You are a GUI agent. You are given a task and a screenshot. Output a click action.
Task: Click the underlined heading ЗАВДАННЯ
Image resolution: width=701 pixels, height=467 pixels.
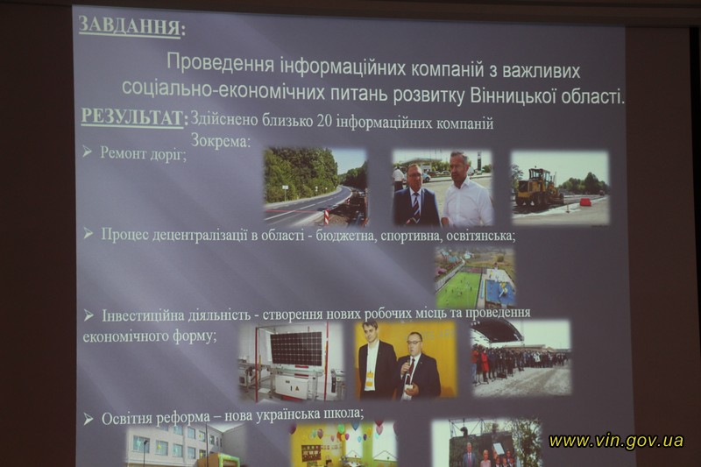click(x=130, y=25)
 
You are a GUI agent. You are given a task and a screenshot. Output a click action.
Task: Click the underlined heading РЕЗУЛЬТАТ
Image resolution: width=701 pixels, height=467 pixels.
click(x=132, y=117)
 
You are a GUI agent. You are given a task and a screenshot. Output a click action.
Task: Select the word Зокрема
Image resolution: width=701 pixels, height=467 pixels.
click(x=219, y=141)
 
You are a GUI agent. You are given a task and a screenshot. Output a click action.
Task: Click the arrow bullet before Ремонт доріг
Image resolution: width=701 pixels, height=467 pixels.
click(x=87, y=152)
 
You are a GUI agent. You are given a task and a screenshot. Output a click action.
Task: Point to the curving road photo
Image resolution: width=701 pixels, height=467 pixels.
click(x=315, y=187)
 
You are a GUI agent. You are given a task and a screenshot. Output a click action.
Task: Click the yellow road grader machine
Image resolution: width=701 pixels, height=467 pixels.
click(x=536, y=188)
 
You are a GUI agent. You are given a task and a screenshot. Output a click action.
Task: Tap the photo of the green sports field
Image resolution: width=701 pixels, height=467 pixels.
click(x=475, y=278)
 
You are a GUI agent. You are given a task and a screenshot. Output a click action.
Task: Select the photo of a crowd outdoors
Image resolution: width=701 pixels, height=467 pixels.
click(x=521, y=357)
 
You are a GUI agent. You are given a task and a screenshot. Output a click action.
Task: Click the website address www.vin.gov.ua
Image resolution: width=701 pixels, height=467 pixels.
click(x=616, y=441)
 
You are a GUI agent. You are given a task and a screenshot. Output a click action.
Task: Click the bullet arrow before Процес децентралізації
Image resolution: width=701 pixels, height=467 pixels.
click(x=89, y=233)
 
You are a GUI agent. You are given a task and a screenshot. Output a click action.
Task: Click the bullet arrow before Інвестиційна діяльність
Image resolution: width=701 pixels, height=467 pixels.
click(x=89, y=315)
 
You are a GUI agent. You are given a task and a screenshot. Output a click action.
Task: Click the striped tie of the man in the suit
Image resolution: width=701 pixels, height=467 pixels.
click(x=415, y=206)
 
